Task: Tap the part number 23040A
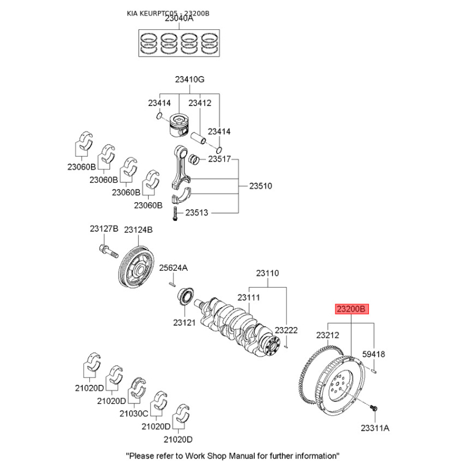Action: coord(179,18)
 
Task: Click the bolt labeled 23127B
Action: coord(106,251)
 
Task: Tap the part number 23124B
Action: coord(138,229)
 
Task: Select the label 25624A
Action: coord(173,268)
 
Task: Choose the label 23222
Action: coord(286,330)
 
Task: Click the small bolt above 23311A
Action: coord(373,408)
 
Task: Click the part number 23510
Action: coord(260,186)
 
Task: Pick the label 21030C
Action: coord(134,413)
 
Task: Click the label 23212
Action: coord(327,334)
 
